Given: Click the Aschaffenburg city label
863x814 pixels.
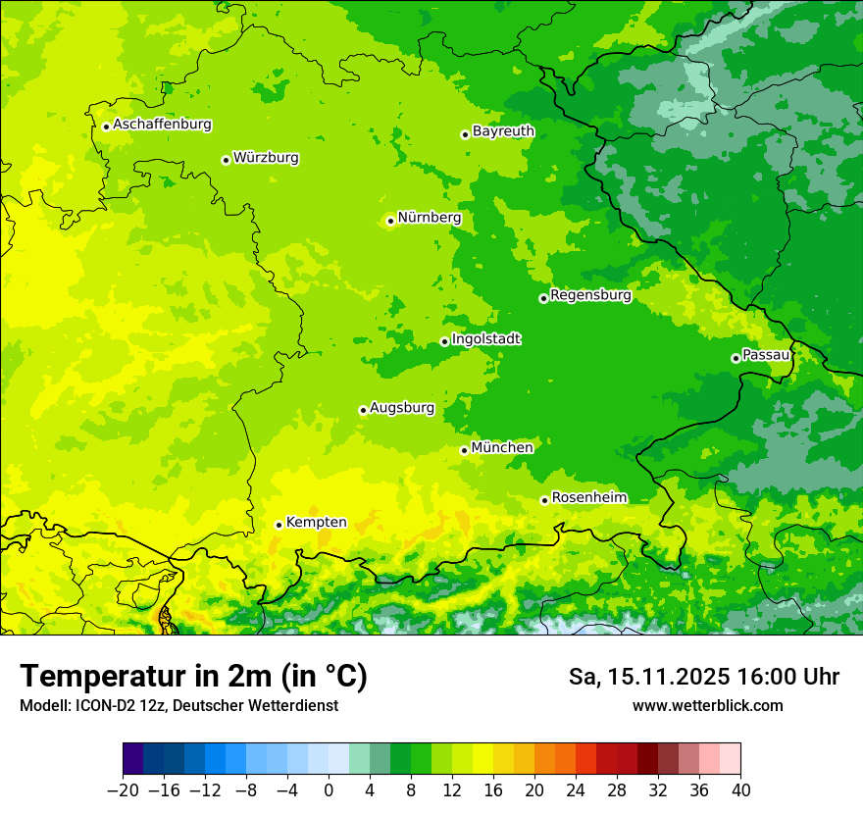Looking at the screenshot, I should pyautogui.click(x=162, y=125).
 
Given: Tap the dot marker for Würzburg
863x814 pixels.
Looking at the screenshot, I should pyautogui.click(x=226, y=160).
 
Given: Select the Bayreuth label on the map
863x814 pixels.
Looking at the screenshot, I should pyautogui.click(x=503, y=130).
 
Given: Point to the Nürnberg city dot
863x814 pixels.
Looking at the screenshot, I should pyautogui.click(x=390, y=221).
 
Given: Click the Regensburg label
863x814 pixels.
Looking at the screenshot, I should pyautogui.click(x=590, y=294).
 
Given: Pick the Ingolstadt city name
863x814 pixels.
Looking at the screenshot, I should pyautogui.click(x=485, y=338).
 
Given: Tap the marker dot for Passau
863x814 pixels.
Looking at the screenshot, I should pyautogui.click(x=736, y=358).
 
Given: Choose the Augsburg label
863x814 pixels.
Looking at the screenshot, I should pyautogui.click(x=401, y=407).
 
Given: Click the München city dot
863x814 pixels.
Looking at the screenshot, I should pyautogui.click(x=464, y=450).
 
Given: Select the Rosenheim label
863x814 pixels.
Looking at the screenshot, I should pyautogui.click(x=588, y=497).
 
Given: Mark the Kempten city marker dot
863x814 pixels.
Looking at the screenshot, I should pyautogui.click(x=279, y=525).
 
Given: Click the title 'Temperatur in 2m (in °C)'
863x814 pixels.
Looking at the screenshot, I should pyautogui.click(x=193, y=677).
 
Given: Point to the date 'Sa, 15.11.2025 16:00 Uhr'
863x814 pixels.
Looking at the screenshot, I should pyautogui.click(x=703, y=677).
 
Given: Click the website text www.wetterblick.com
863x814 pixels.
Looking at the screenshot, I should pyautogui.click(x=707, y=705).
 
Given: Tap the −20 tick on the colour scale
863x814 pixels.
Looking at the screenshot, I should pyautogui.click(x=123, y=790).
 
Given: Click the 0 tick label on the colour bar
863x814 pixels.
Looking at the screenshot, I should pyautogui.click(x=329, y=790).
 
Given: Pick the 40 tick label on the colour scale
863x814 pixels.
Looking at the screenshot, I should pyautogui.click(x=740, y=790).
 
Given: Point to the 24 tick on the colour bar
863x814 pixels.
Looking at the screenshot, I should pyautogui.click(x=576, y=790).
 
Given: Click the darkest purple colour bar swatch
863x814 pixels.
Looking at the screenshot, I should pyautogui.click(x=133, y=759).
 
